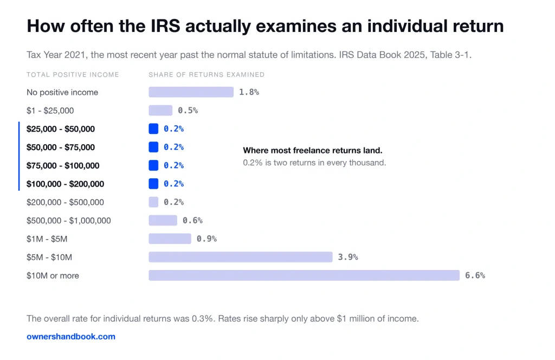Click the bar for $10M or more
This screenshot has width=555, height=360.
[x=304, y=275]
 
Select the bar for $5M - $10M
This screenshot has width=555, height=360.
[x=241, y=257]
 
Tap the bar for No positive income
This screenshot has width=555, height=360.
[x=191, y=92]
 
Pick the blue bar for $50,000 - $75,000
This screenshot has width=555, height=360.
[x=153, y=147]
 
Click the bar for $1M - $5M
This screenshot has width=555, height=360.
[x=170, y=239]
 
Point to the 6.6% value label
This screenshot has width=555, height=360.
[x=475, y=275]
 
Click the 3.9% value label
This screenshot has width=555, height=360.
[x=348, y=257]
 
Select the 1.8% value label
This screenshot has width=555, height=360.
[x=249, y=92]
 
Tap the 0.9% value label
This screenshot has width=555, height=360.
[x=206, y=239]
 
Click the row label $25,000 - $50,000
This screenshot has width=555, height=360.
[x=61, y=129]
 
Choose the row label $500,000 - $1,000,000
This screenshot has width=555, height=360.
[x=69, y=221]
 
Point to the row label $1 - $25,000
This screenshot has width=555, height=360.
[x=50, y=111]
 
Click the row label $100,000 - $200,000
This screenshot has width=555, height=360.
[x=65, y=184]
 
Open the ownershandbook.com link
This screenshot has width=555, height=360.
[x=71, y=336]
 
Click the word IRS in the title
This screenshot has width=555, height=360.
[x=166, y=26]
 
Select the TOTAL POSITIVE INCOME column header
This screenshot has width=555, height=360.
[x=73, y=75]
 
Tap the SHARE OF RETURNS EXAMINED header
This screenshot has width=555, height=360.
[x=206, y=75]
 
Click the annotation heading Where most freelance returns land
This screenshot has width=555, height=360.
[x=313, y=150]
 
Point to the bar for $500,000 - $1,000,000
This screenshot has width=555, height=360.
[x=163, y=220]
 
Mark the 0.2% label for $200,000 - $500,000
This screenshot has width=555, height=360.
[x=174, y=202]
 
